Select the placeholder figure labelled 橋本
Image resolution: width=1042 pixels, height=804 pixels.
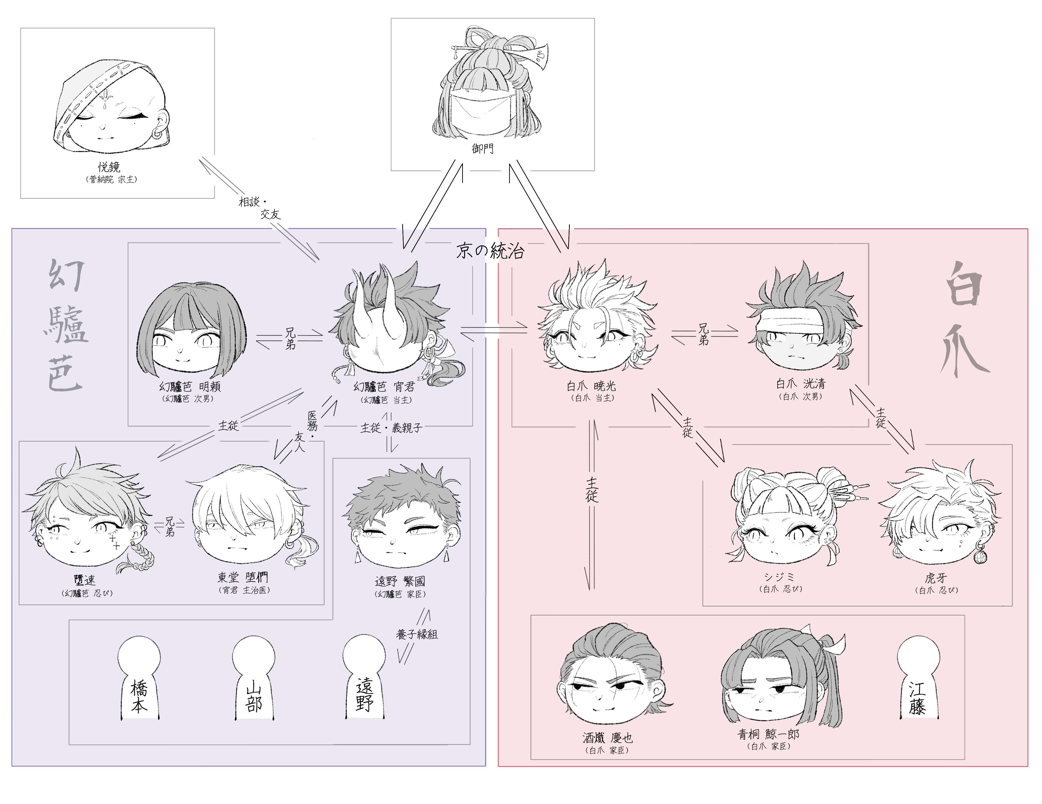[139, 680]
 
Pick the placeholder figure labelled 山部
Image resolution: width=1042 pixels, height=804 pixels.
[253, 680]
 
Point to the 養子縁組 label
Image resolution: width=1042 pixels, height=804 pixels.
[416, 634]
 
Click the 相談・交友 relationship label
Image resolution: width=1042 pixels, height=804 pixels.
[260, 208]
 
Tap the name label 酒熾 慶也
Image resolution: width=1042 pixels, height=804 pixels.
[607, 738]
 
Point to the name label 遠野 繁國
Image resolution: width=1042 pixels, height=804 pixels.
[399, 581]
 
